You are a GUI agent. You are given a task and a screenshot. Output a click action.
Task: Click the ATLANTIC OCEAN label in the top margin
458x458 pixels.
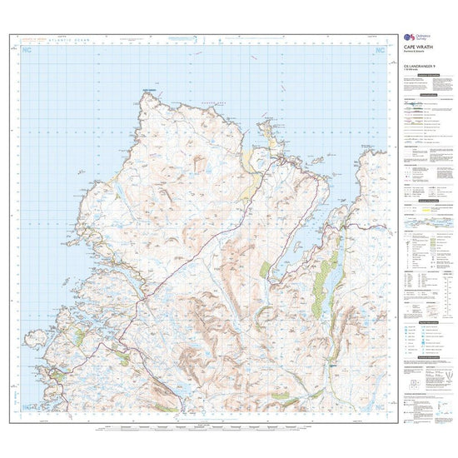61,41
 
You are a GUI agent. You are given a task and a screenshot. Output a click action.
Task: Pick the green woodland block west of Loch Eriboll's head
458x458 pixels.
265,271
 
